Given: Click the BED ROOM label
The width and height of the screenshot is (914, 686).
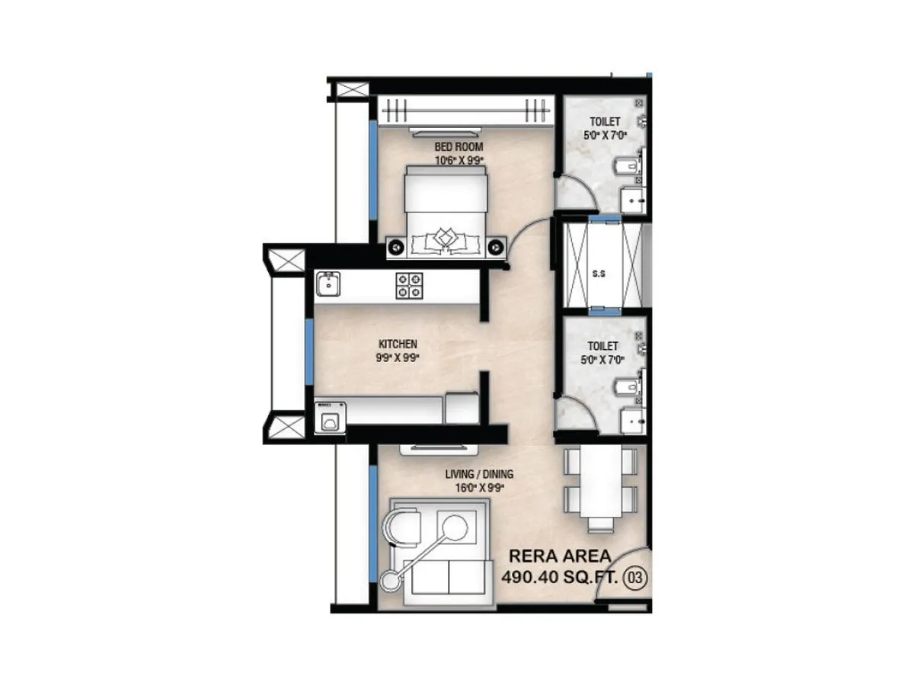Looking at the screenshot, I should point(459,146).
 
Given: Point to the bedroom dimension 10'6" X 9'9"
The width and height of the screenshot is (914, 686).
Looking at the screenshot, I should point(459,159).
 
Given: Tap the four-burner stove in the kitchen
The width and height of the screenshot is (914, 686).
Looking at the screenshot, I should point(409,285).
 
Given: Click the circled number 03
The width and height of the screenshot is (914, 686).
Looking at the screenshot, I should point(634,577).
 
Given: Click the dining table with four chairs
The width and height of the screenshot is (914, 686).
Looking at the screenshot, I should point(600,488).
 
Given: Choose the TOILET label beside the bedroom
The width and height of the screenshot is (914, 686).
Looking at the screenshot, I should point(604,121).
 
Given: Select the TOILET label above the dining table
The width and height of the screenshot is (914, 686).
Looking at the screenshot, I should point(602,346).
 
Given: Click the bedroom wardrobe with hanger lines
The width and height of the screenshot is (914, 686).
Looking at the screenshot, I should point(465,112).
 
